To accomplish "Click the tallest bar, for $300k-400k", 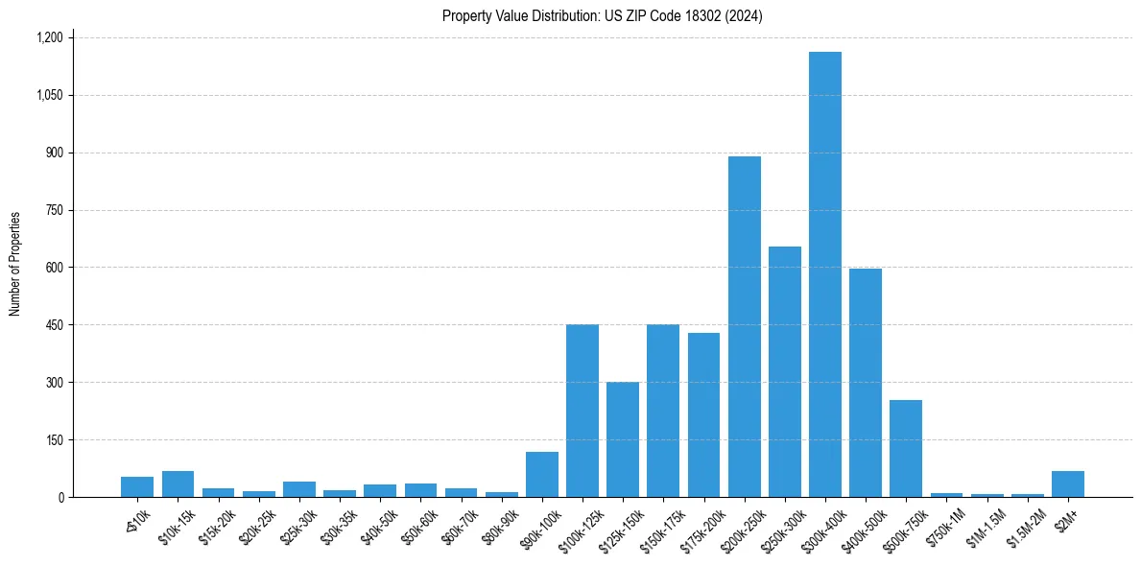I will point(824,274).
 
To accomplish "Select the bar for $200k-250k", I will point(744,326).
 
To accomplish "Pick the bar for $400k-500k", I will point(865,383).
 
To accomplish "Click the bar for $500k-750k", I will point(905,449).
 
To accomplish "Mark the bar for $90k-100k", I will point(541,475).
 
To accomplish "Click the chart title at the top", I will point(602,16).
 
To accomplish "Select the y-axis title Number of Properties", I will point(15,264).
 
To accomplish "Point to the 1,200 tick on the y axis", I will point(49,38).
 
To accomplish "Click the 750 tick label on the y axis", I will point(54,210).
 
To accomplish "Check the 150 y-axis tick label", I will point(54,440).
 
